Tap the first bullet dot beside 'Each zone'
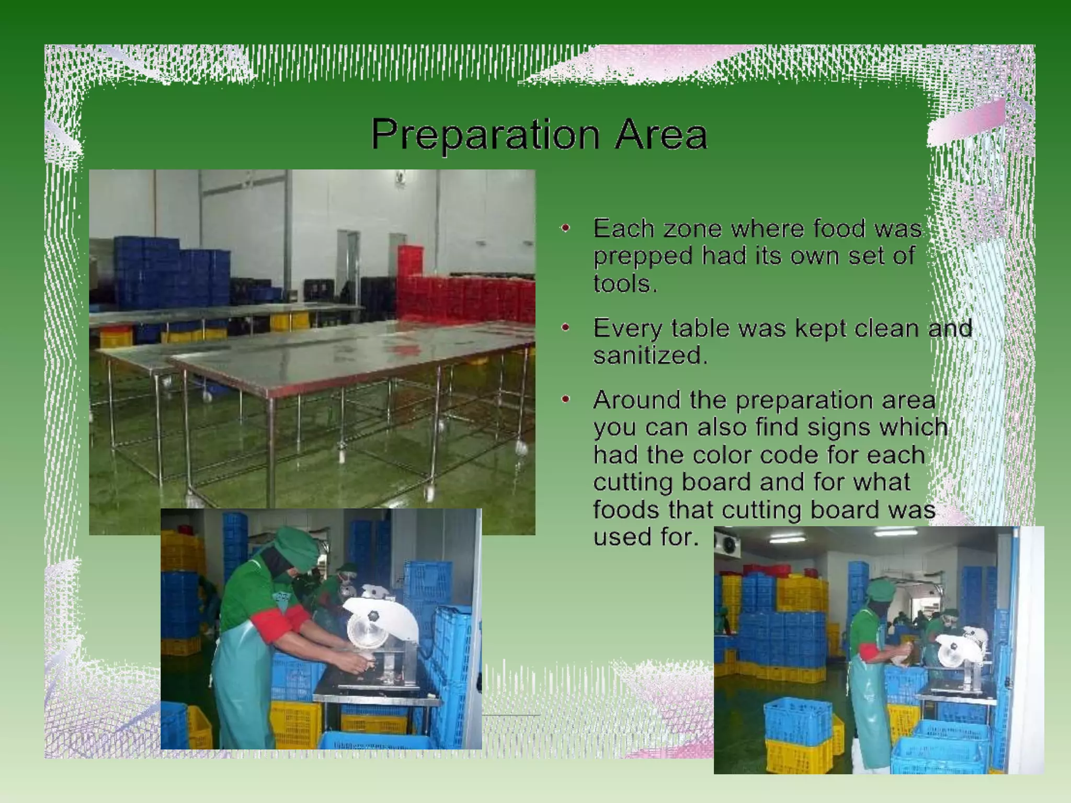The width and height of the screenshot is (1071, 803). click(565, 228)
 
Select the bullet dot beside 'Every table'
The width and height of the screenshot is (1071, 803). click(565, 328)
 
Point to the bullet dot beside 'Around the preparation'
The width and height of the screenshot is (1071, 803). click(565, 399)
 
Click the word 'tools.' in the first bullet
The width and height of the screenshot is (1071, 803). click(624, 284)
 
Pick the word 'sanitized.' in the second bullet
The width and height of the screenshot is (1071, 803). click(650, 355)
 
